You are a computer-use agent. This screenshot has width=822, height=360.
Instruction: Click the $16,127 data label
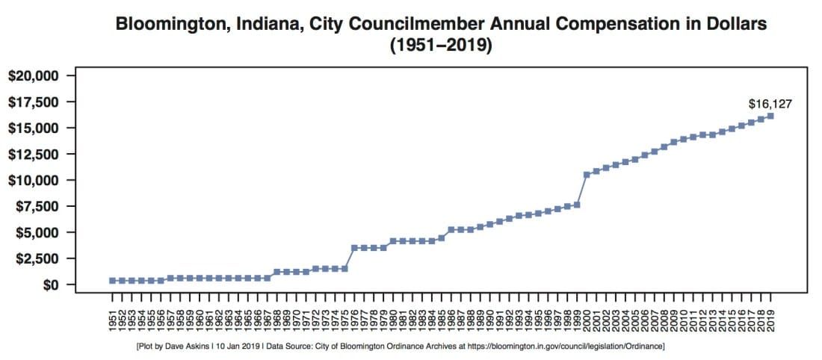(770, 104)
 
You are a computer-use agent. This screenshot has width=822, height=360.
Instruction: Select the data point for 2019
(770, 116)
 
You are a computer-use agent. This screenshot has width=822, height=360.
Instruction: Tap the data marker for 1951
(112, 281)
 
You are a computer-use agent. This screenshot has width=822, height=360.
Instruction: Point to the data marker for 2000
(587, 175)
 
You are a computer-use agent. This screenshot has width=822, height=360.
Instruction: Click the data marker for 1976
(354, 247)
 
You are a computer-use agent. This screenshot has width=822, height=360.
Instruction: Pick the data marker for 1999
(577, 205)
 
